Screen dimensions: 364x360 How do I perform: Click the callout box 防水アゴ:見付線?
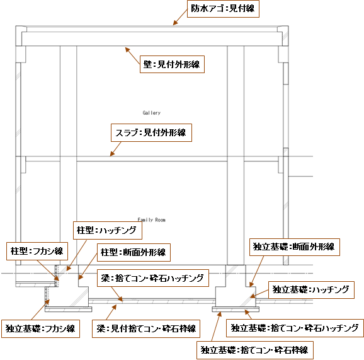click(x=223, y=9)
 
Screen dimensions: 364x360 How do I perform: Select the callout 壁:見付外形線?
click(x=172, y=64)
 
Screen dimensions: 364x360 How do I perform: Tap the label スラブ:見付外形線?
click(x=151, y=132)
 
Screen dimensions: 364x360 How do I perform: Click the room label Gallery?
click(x=152, y=113)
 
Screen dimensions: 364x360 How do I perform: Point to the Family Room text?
click(x=151, y=219)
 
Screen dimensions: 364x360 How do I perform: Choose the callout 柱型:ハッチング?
click(x=108, y=230)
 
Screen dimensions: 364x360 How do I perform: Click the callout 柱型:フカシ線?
click(x=37, y=251)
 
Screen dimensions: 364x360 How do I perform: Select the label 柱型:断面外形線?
click(x=134, y=252)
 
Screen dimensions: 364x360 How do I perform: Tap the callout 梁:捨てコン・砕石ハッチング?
click(x=153, y=278)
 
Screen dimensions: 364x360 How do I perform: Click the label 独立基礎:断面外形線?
click(x=295, y=247)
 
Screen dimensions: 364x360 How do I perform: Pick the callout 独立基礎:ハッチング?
click(x=311, y=290)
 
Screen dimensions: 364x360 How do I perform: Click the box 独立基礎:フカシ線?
click(x=41, y=328)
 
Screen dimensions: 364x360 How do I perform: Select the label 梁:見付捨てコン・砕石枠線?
click(x=146, y=328)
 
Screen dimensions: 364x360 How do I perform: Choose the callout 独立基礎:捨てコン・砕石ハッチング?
click(x=295, y=328)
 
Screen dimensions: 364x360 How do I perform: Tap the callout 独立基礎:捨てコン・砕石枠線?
click(x=255, y=350)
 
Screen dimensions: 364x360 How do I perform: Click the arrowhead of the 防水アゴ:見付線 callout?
click(x=173, y=25)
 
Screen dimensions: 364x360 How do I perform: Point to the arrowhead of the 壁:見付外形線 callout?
click(x=125, y=48)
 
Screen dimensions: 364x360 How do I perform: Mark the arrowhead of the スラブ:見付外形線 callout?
click(x=110, y=156)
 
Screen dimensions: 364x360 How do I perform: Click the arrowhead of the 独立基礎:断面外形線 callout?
click(x=250, y=286)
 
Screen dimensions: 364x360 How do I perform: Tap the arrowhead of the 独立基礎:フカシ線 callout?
click(x=49, y=300)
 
